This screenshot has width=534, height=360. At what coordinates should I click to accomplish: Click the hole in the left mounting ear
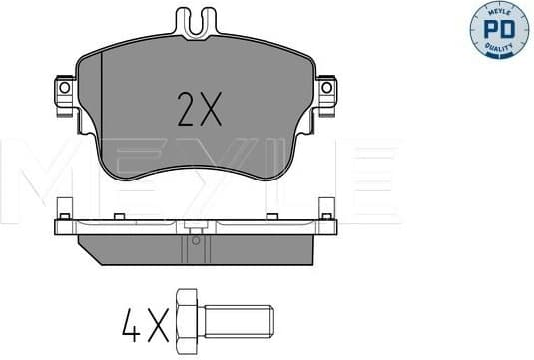click(x=63, y=89)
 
